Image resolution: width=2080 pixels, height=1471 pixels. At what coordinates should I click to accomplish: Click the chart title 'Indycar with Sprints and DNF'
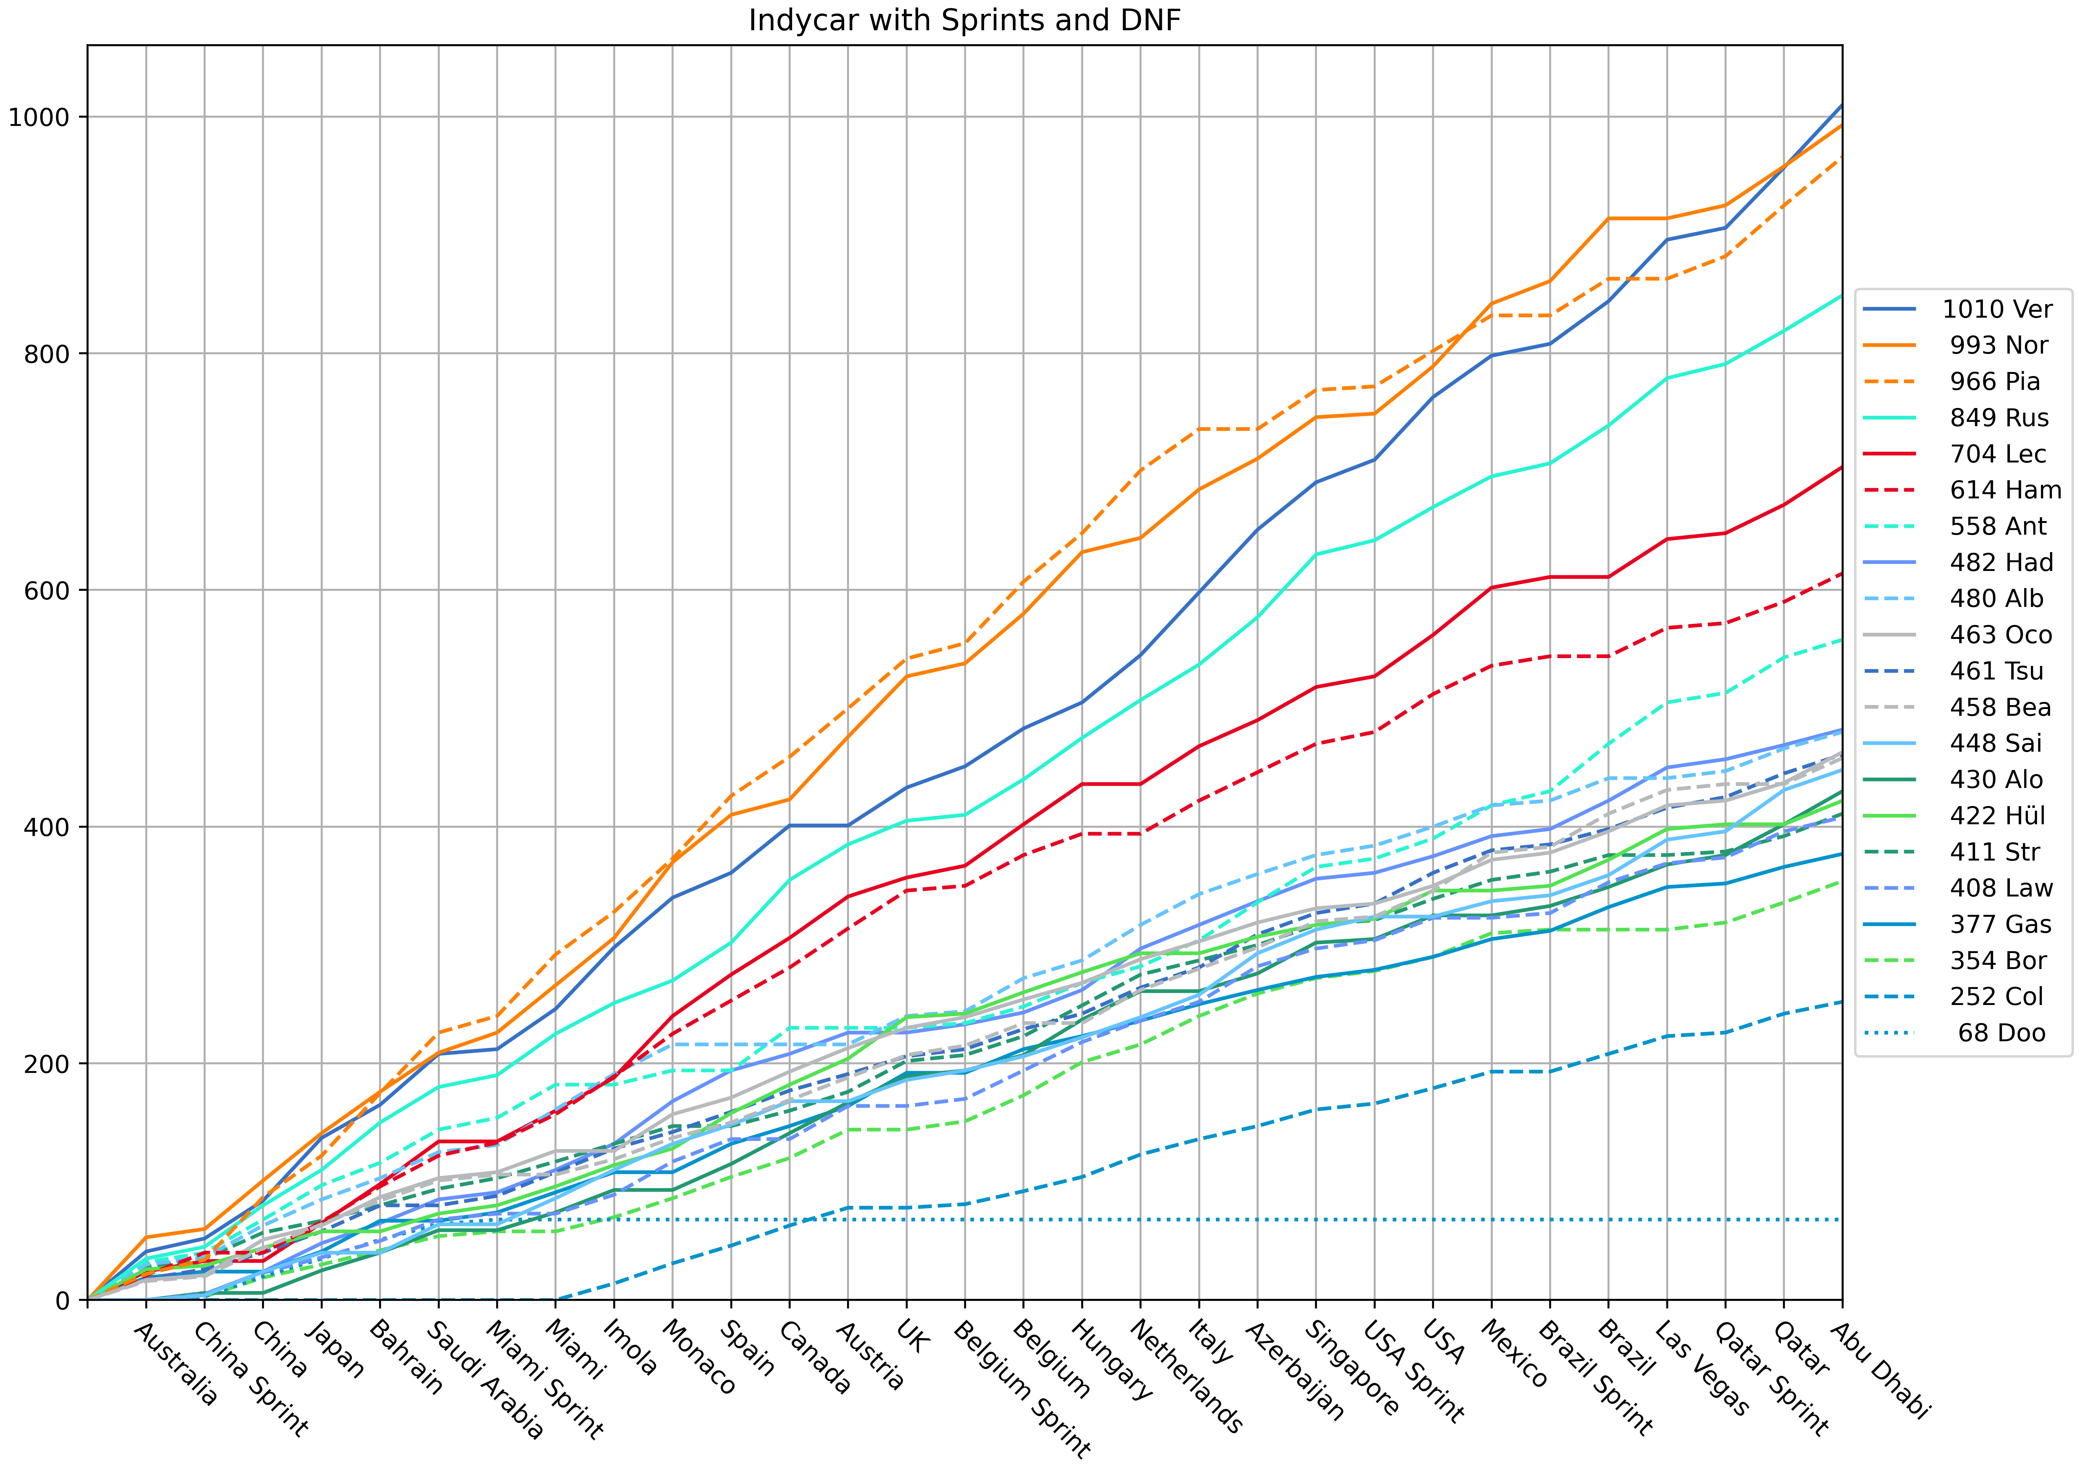click(x=964, y=20)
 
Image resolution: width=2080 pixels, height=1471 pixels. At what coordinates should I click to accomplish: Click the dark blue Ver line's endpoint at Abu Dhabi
click(x=1842, y=105)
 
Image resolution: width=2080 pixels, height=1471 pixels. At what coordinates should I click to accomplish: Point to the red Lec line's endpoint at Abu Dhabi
click(x=1842, y=467)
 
